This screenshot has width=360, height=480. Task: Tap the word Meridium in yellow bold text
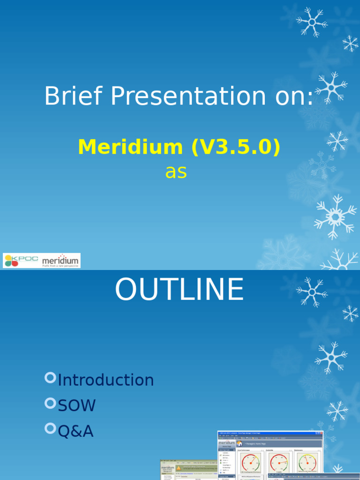pyautogui.click(x=130, y=147)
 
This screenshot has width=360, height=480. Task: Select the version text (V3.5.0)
pyautogui.click(x=235, y=147)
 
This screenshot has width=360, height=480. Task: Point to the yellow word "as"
pyautogui.click(x=176, y=172)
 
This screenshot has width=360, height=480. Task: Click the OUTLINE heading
pyautogui.click(x=180, y=290)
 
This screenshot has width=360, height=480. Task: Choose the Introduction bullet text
pyautogui.click(x=106, y=380)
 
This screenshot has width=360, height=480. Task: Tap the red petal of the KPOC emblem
pyautogui.click(x=15, y=264)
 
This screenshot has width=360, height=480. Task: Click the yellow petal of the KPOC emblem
pyautogui.click(x=8, y=257)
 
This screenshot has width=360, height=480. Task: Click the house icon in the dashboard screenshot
pyautogui.click(x=240, y=443)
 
